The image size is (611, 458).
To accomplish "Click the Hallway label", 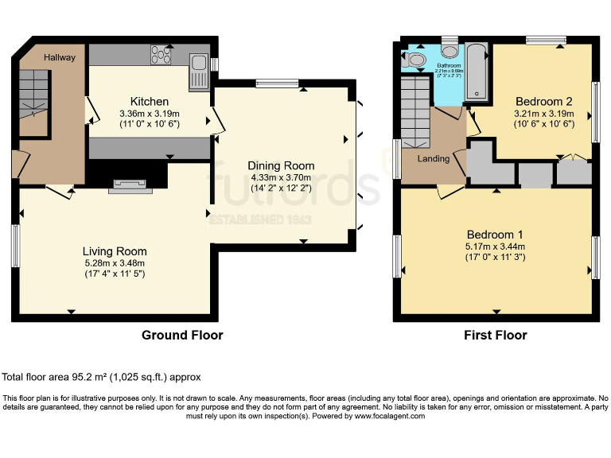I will [60, 57].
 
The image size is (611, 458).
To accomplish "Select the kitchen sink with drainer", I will [197, 72].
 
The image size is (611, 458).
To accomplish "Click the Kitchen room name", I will [150, 101].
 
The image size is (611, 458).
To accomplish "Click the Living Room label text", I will [115, 251].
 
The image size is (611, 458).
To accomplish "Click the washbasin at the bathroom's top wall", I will [449, 42].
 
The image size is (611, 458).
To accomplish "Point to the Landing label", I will [434, 159].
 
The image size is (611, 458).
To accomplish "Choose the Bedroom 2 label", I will [544, 101].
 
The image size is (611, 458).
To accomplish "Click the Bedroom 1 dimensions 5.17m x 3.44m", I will [494, 247].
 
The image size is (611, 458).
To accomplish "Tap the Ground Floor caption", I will [182, 335].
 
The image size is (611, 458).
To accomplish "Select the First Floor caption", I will [495, 335].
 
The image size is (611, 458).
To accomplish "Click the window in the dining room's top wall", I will [276, 83].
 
